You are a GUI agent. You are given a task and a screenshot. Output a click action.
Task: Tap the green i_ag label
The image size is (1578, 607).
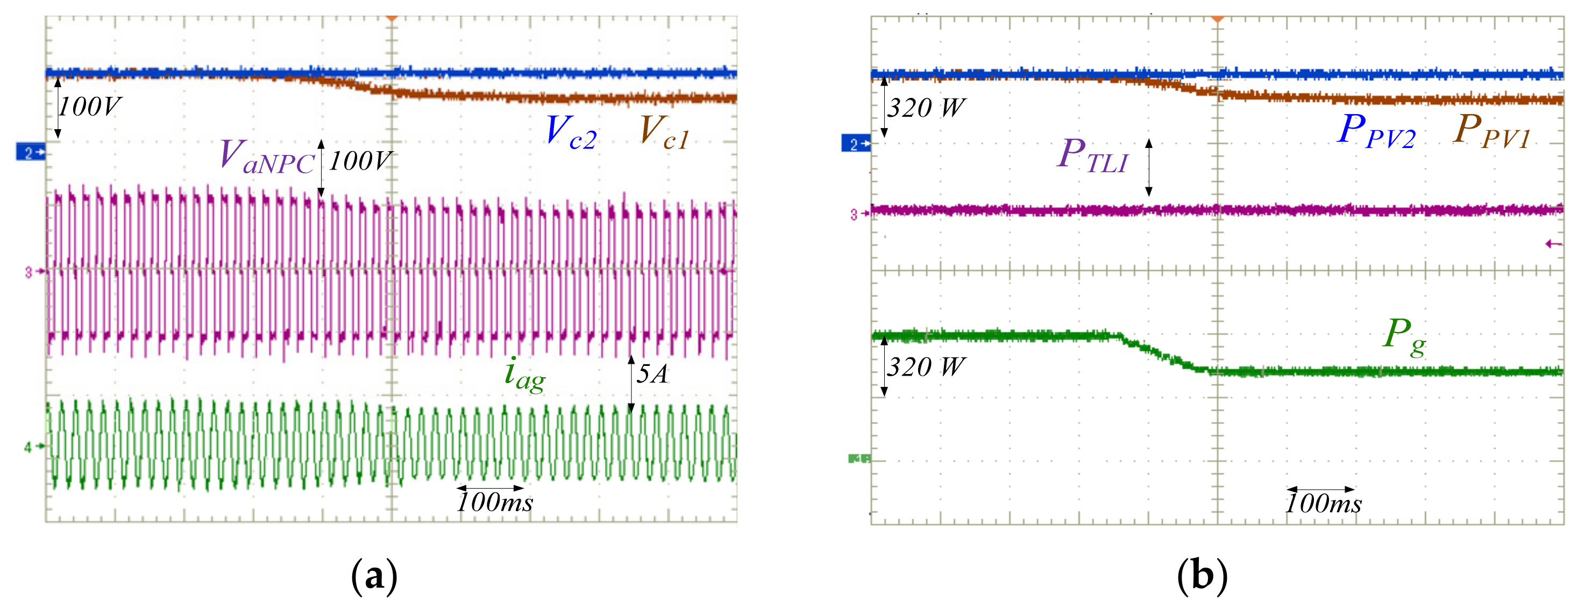524,373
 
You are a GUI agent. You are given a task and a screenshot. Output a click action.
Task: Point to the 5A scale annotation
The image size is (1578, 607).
652,373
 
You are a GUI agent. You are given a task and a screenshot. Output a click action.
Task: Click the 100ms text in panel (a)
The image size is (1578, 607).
495,503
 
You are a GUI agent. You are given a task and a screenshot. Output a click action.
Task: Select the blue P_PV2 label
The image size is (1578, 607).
1376,132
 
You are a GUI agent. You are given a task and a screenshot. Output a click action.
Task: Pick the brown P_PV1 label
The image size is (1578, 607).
1491,132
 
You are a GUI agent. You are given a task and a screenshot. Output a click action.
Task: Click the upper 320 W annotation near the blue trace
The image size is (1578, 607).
926,109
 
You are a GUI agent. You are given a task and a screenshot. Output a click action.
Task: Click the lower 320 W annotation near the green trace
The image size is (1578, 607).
926,367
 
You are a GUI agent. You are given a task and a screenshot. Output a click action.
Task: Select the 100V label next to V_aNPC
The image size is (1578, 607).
360,161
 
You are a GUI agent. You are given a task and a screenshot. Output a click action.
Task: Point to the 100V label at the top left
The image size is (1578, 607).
89,107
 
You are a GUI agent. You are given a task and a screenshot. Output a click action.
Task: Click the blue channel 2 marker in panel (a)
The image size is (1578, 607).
31,151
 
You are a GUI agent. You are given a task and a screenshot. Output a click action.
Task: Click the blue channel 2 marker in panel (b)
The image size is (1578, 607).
856,144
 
